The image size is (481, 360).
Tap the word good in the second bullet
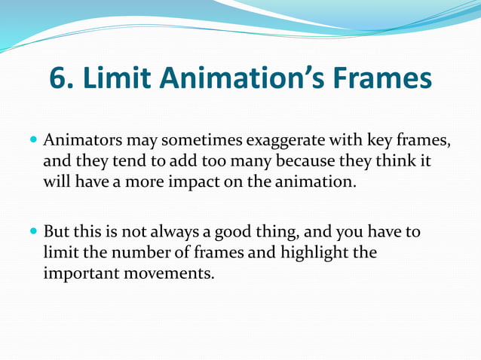(243, 232)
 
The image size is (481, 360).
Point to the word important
(80, 272)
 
